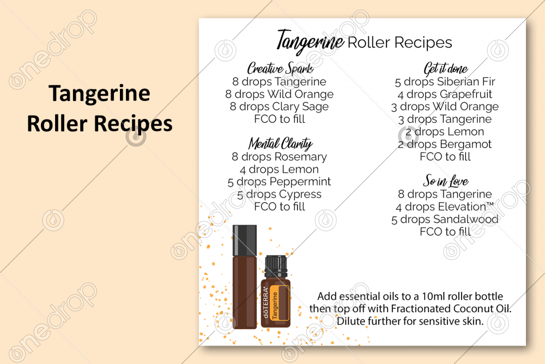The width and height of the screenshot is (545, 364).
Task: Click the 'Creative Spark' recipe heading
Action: (280, 69)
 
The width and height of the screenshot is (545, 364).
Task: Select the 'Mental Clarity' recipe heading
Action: (280, 144)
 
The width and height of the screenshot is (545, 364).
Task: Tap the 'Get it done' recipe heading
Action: (445, 69)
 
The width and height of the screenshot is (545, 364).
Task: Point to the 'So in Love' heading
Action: (445, 181)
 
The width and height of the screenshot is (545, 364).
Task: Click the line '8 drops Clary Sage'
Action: (280, 106)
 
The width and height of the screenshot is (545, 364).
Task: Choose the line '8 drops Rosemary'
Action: (280, 157)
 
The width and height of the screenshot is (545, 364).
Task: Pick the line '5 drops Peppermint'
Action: (280, 182)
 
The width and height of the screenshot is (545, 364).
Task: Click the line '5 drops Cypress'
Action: (280, 194)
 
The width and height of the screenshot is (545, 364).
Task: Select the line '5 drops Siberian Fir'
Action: (445, 82)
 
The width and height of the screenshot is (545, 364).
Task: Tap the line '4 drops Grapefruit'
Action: (445, 94)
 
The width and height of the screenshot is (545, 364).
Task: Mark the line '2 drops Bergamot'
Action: (445, 144)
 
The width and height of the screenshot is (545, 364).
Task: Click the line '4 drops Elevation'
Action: (445, 207)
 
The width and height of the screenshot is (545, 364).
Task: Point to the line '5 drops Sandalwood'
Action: (445, 219)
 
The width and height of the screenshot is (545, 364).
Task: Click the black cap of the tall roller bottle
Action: (245, 239)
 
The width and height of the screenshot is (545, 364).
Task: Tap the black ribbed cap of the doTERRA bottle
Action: (275, 265)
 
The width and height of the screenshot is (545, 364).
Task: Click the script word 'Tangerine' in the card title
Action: (310, 41)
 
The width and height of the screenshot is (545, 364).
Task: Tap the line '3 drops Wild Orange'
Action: (445, 107)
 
